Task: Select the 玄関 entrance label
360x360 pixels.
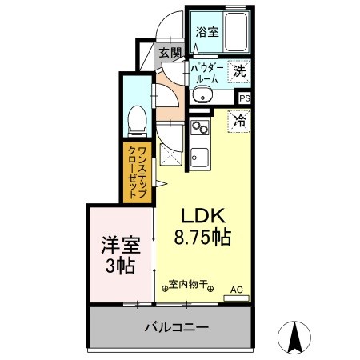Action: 169,53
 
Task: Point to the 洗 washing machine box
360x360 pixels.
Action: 238,71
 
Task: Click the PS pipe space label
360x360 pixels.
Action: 244,98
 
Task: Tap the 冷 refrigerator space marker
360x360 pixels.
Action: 238,122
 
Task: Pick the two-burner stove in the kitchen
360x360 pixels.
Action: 199,127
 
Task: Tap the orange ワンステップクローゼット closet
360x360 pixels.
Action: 138,170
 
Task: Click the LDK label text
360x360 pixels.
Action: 203,216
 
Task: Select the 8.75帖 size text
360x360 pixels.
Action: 203,238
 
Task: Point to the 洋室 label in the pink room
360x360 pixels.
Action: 118,244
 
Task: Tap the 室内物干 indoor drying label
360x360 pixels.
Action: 190,285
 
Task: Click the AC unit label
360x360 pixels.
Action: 236,290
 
